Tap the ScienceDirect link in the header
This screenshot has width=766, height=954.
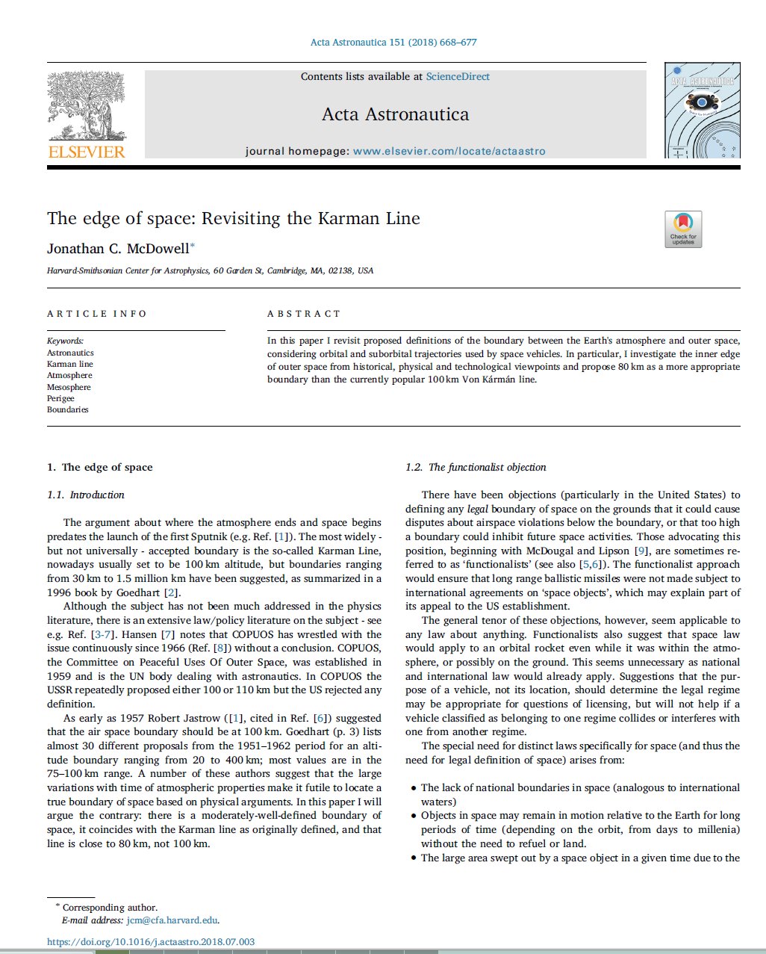tap(458, 76)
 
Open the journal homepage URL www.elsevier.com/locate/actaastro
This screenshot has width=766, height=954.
tap(449, 151)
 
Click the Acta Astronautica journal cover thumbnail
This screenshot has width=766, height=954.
tap(702, 111)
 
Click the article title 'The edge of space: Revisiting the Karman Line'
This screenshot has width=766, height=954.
tap(233, 218)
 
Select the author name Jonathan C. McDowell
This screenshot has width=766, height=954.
tap(118, 248)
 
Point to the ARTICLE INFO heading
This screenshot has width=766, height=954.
tap(97, 314)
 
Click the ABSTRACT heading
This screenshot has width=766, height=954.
tap(304, 314)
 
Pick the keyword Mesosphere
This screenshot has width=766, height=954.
tap(69, 387)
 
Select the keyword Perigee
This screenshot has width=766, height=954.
tap(61, 398)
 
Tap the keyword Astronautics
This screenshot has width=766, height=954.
tap(70, 353)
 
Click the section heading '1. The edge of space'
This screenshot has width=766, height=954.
tap(99, 467)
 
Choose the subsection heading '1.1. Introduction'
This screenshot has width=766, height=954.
tap(86, 495)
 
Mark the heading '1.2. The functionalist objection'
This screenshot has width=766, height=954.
tap(476, 467)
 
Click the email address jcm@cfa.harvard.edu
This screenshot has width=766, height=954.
tap(172, 920)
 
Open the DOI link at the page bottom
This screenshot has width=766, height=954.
tap(151, 942)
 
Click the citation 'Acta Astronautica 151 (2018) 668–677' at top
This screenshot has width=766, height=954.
tap(393, 42)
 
